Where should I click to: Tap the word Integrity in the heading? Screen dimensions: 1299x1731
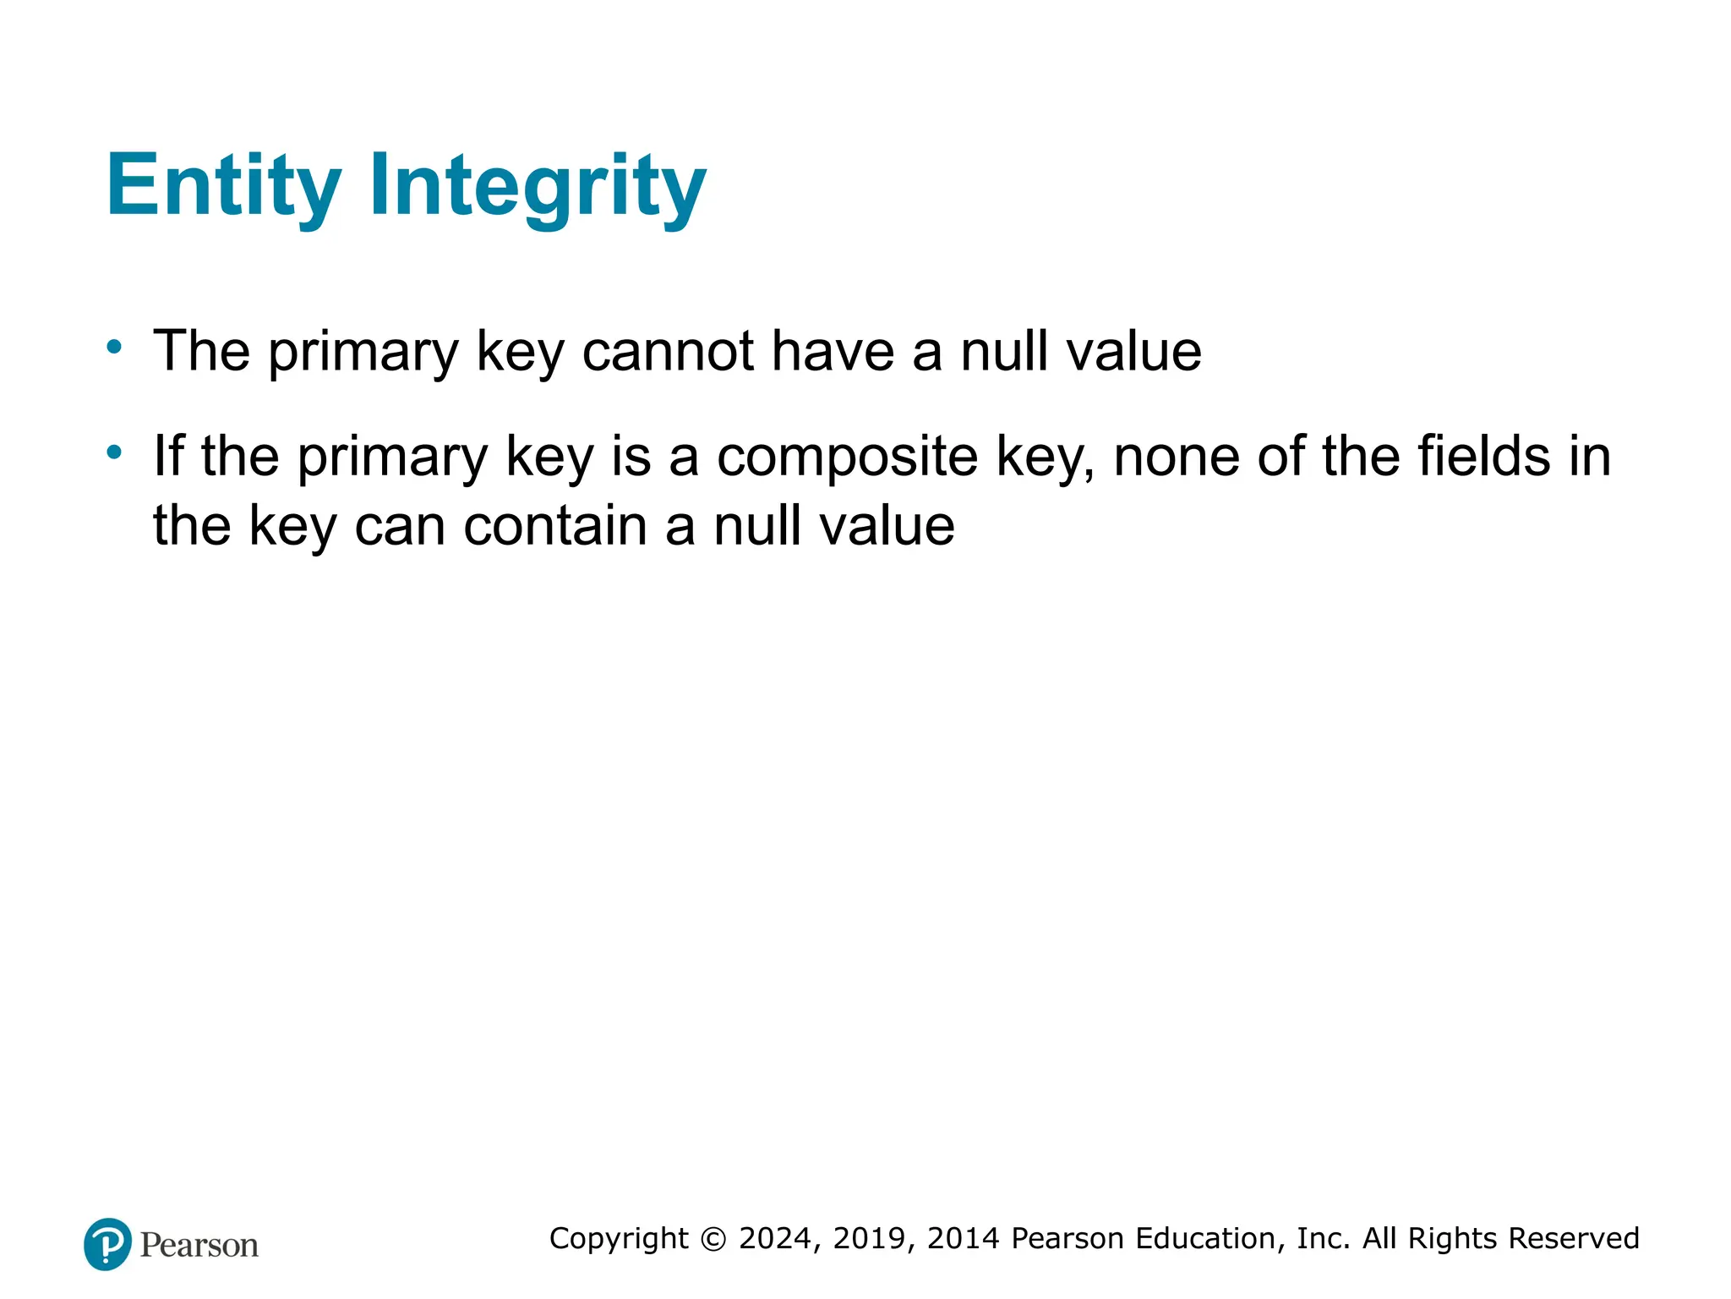click(538, 186)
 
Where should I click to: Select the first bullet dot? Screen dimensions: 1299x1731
click(114, 347)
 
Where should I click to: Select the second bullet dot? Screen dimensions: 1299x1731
click(114, 452)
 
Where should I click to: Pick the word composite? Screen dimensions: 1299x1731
click(848, 458)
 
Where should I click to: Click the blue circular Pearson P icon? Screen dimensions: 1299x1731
click(108, 1244)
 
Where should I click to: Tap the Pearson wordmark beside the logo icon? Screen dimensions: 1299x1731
click(199, 1245)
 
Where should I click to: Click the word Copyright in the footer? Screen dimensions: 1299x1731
click(620, 1239)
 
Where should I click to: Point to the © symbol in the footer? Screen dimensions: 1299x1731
click(714, 1239)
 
